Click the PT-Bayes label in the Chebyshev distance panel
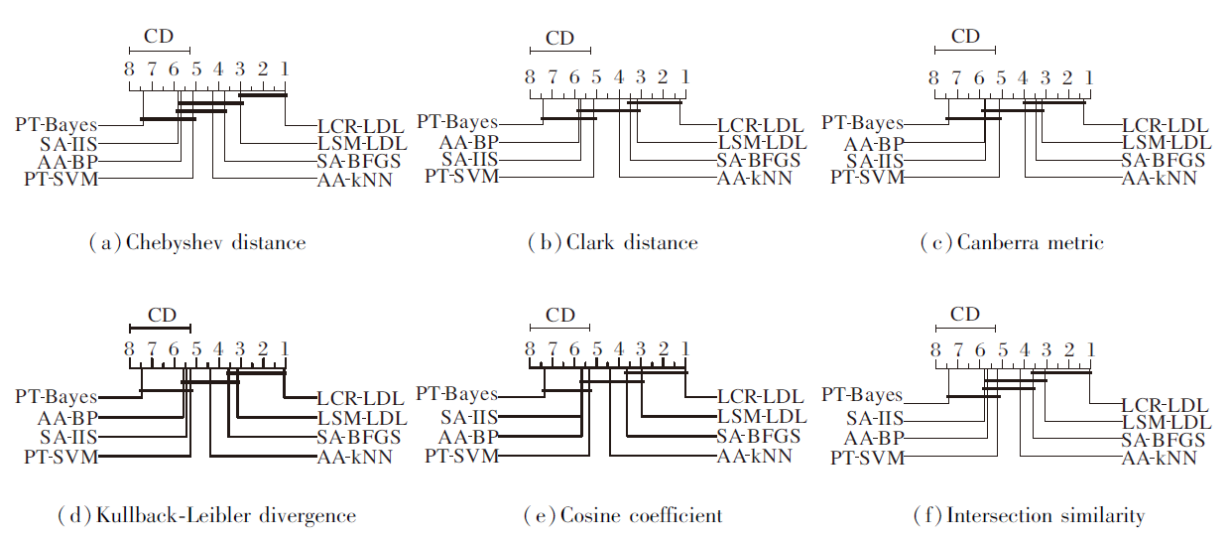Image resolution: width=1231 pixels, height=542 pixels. point(57,125)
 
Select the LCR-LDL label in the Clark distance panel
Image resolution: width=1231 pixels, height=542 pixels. point(761,125)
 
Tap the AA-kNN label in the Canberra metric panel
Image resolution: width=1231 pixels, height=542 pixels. point(1159,179)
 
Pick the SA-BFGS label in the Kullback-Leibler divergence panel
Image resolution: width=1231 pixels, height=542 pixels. point(359,437)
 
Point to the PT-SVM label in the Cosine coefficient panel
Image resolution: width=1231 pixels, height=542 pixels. point(461,457)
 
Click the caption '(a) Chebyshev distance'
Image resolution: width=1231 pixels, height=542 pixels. point(196,243)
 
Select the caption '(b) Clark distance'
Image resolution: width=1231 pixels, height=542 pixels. point(612,243)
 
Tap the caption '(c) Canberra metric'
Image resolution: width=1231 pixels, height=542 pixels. point(1012,243)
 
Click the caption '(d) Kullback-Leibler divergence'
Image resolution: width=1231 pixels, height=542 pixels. point(206,515)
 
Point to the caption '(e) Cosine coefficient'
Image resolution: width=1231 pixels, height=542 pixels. point(623,515)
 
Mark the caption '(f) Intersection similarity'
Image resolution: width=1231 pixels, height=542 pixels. point(1029,515)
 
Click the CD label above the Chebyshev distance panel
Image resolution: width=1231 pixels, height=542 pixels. point(159,38)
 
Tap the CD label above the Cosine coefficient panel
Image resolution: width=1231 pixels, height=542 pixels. point(560,316)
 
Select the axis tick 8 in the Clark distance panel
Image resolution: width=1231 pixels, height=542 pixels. point(530,77)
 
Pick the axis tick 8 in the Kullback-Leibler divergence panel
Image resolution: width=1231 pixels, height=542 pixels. point(129,349)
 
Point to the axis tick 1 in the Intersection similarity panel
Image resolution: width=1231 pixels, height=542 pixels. point(1090,349)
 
